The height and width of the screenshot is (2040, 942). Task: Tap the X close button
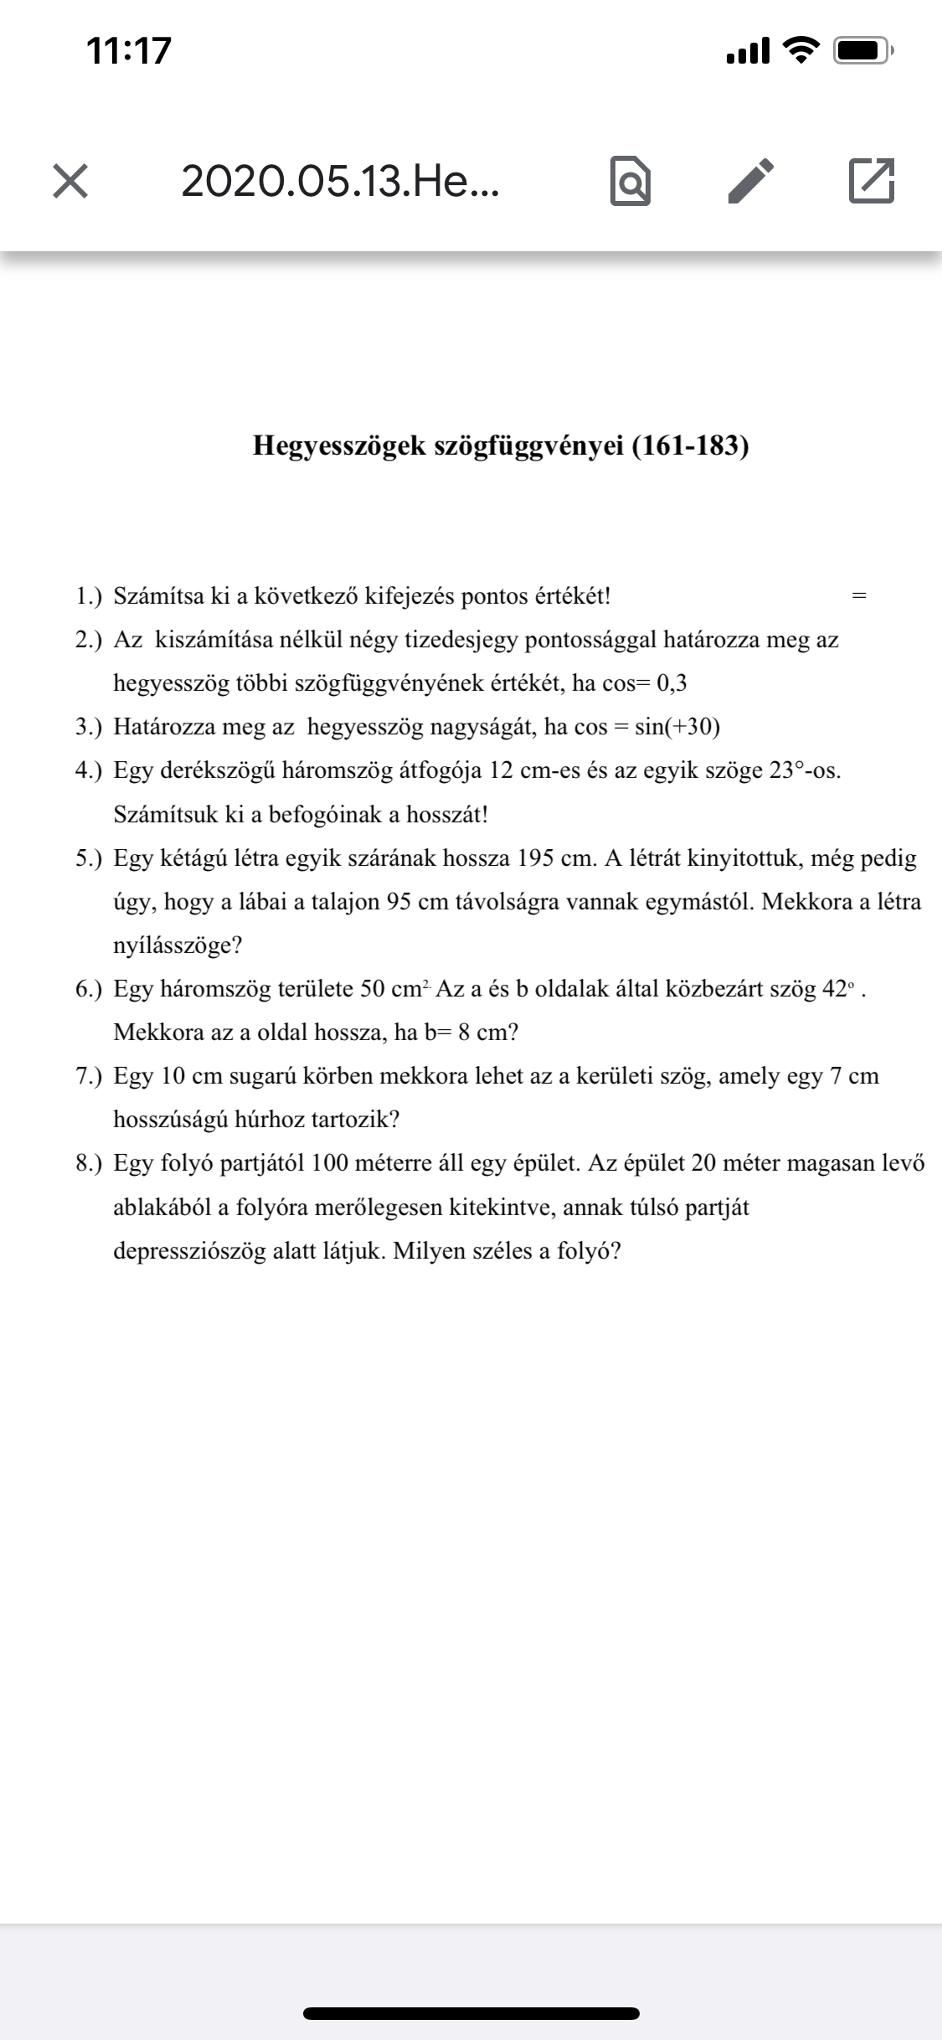click(70, 181)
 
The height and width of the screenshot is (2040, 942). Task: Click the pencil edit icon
click(749, 181)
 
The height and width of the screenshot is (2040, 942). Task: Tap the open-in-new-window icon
click(872, 181)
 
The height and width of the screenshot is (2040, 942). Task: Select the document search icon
click(630, 181)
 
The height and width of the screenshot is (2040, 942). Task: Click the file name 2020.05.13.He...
click(340, 181)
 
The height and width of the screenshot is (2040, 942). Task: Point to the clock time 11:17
click(129, 50)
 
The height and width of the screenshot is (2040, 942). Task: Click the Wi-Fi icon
click(801, 52)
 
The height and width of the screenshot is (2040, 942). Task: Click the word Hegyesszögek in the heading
click(339, 446)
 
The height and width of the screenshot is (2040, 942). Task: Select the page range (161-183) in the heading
click(690, 446)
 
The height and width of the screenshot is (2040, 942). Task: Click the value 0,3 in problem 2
click(672, 683)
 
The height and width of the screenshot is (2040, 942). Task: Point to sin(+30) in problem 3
click(677, 727)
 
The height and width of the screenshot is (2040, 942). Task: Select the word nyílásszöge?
click(178, 946)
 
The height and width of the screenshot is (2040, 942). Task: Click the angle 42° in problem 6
click(837, 989)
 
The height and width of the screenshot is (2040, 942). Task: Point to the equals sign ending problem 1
click(857, 597)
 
